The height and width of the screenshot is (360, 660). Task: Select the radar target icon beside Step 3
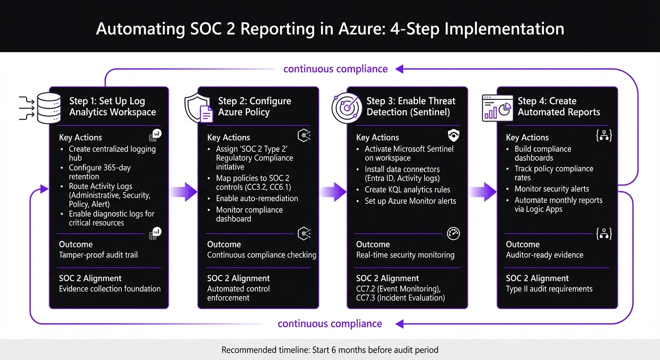[347, 107]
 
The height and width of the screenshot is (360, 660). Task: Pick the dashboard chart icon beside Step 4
[496, 107]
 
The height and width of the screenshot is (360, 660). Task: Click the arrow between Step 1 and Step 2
[183, 191]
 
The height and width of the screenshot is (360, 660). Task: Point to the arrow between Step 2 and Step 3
[333, 191]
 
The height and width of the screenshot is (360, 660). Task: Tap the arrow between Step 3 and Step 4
[482, 191]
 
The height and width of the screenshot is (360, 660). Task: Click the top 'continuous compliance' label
[335, 69]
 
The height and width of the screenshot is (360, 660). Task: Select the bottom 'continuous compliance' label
[330, 324]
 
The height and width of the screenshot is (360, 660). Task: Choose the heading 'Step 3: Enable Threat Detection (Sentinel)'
[411, 106]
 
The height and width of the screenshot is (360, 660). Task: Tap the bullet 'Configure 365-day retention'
[99, 172]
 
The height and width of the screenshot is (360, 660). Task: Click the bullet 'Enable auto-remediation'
[257, 198]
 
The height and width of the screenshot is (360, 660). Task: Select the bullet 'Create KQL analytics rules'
[407, 190]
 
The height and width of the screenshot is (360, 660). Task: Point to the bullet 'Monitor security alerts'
[551, 189]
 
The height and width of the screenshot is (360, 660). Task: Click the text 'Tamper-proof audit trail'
[98, 255]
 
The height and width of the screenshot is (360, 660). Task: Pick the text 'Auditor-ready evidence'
[544, 255]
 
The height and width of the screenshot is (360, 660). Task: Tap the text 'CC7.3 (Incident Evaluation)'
[400, 298]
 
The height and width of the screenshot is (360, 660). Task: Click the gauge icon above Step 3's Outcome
[453, 234]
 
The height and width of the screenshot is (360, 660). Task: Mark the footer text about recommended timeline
[330, 350]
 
